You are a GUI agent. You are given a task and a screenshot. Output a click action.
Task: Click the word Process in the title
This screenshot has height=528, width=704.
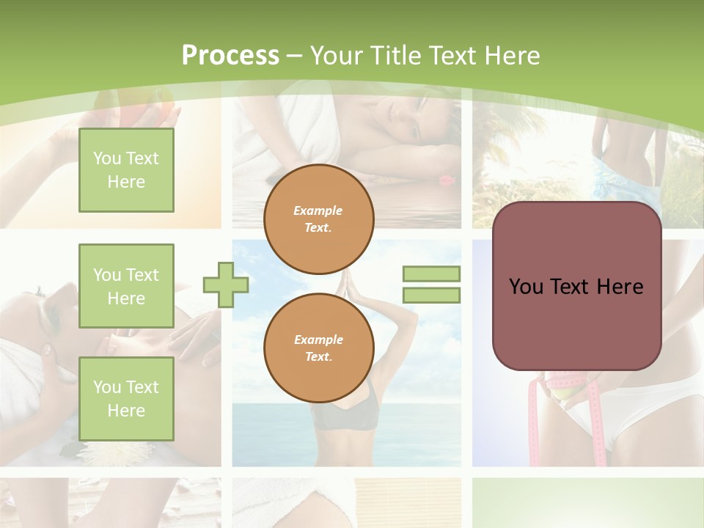pos(230,56)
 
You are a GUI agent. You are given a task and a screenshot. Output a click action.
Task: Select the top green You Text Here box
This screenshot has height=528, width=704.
pos(126,170)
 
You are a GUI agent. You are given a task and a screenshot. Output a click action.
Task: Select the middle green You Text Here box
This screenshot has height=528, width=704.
pos(126,286)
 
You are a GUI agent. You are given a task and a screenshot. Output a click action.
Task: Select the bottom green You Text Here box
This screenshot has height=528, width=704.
pos(126,398)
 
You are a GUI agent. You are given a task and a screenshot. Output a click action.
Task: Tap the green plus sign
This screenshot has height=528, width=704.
pos(225,285)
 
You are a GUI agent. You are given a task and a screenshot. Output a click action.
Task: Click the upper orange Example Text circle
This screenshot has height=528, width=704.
pos(319,219)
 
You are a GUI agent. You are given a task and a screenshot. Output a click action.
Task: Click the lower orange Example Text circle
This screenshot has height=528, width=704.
pos(319,348)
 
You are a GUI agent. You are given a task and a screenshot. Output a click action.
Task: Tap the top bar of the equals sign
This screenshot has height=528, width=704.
pos(431,274)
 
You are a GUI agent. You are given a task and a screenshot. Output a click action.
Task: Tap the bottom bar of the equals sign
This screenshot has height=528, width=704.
pos(431,296)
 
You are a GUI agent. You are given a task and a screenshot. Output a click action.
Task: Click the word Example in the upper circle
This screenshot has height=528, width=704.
pos(318,210)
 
